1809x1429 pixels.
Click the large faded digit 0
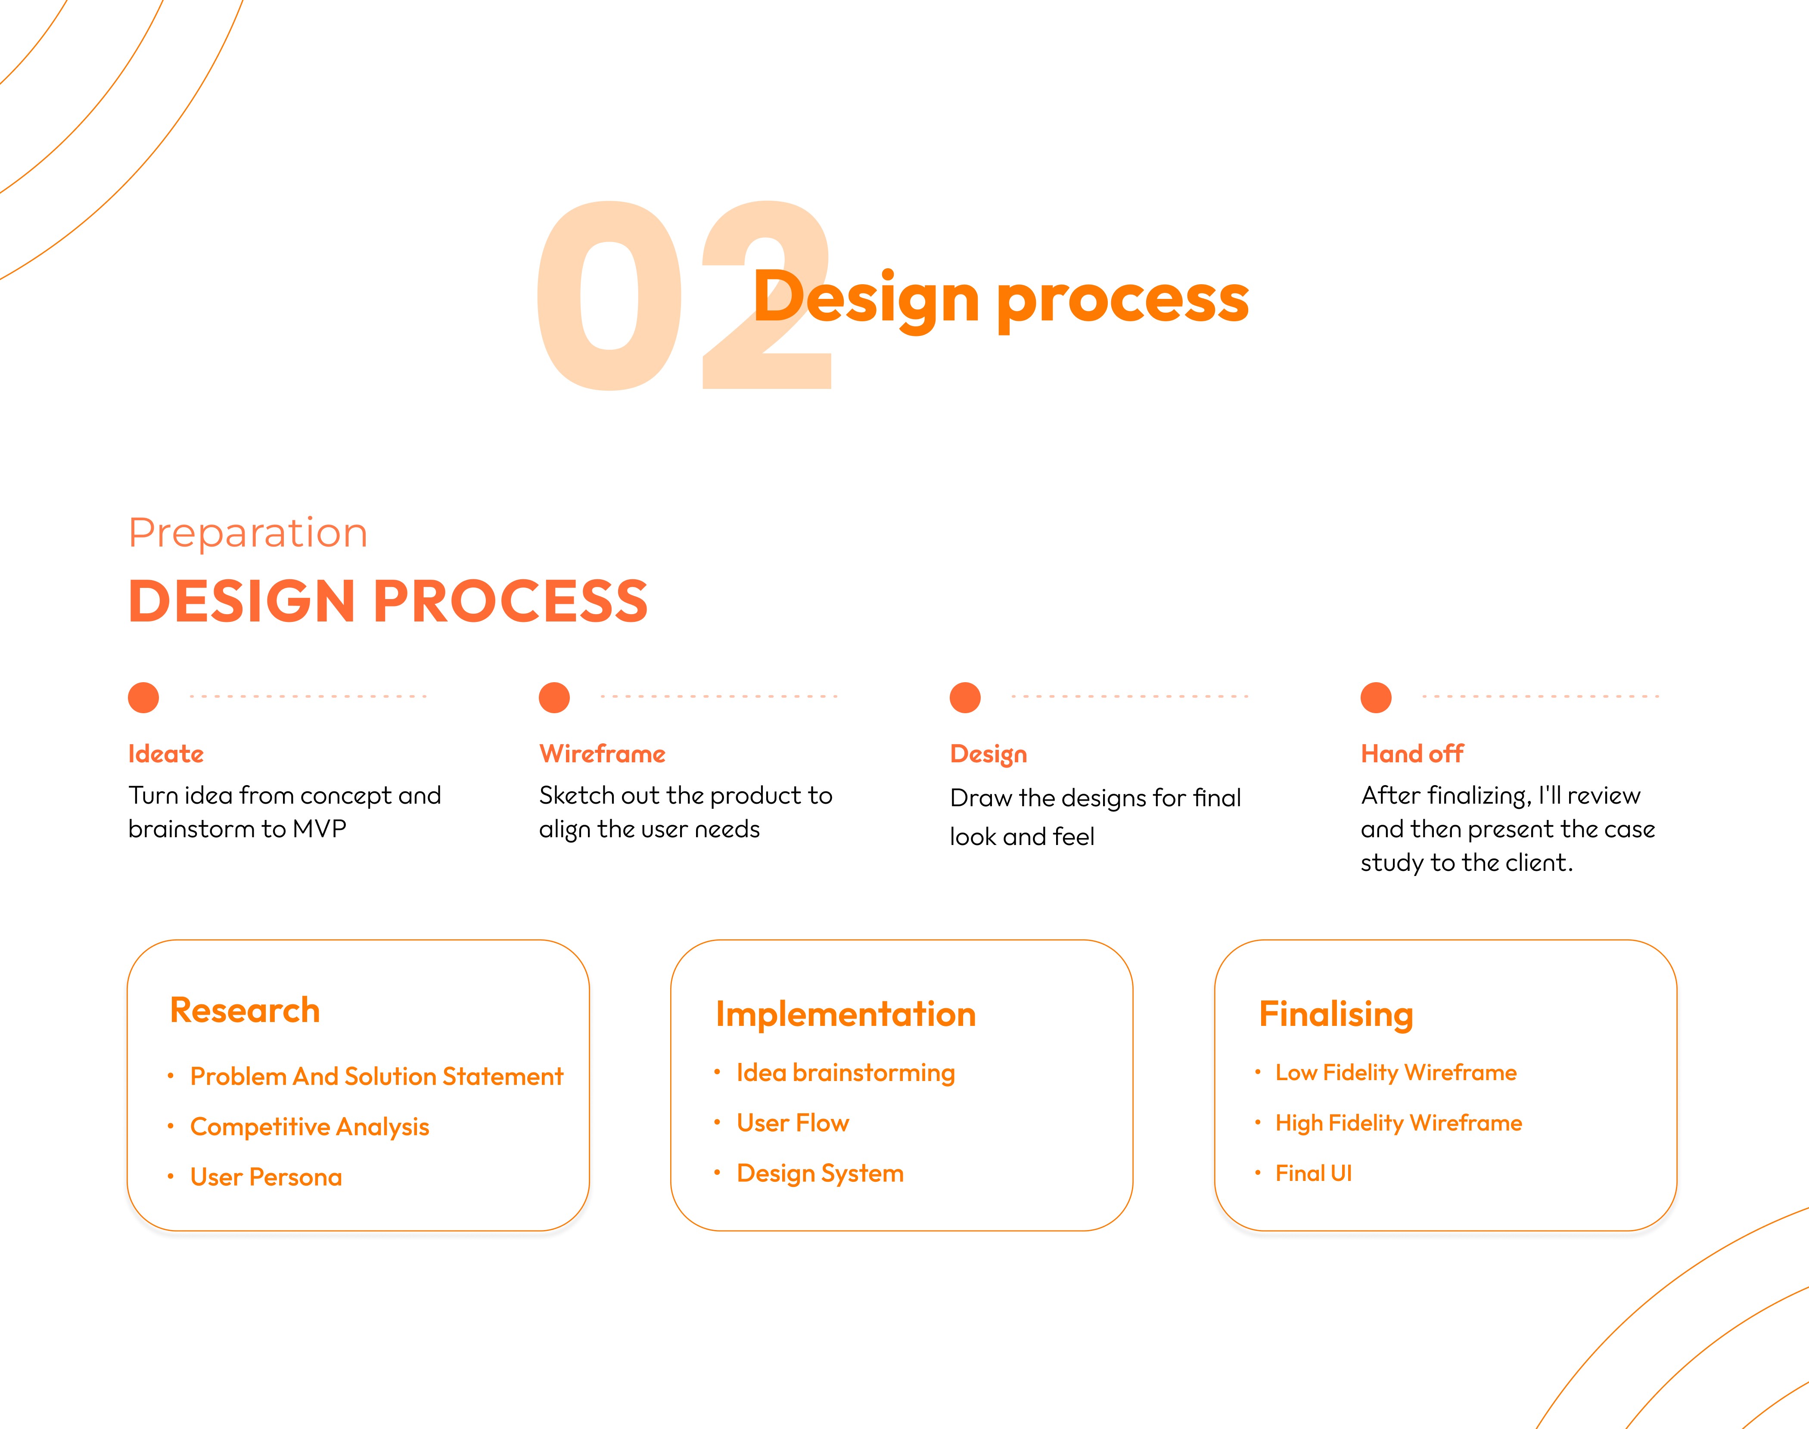609,296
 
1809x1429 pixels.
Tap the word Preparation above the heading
248,533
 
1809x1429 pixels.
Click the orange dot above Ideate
143,697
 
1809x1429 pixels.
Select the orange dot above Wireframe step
554,697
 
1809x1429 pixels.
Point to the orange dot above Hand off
1376,697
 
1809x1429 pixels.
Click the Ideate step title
166,754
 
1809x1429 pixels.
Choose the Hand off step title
1411,754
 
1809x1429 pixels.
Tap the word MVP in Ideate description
319,829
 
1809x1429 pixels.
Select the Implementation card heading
845,1014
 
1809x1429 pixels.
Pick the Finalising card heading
1335,1014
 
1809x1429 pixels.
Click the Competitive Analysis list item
310,1127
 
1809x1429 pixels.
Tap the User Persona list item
266,1177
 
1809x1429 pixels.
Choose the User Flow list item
793,1123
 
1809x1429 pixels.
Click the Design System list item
820,1173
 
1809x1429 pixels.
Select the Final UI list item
1313,1173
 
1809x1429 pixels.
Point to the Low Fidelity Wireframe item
1396,1072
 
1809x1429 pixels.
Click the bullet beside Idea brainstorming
717,1072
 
